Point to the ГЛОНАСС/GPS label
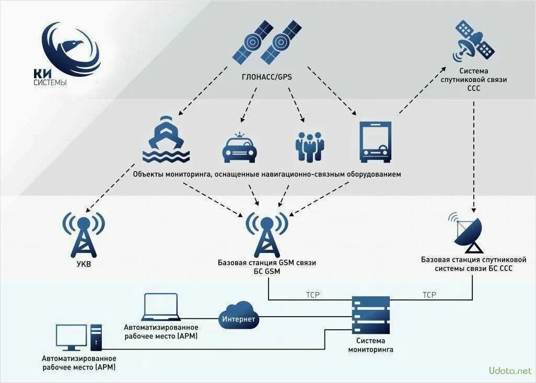tap(267, 77)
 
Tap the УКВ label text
tap(83, 265)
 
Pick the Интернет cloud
tap(239, 317)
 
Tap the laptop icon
tap(161, 307)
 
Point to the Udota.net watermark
tap(509, 371)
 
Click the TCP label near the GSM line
tap(313, 295)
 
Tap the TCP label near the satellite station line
tap(429, 295)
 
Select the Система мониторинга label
tap(370, 345)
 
